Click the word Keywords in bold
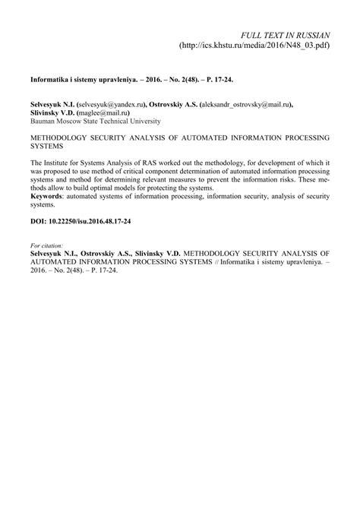[x=48, y=197]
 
